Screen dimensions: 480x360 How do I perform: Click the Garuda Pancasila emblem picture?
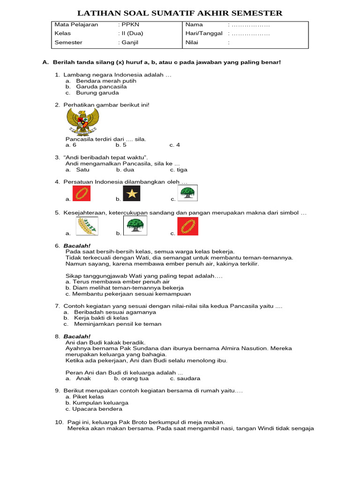click(x=82, y=121)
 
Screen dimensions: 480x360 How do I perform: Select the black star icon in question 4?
click(x=132, y=193)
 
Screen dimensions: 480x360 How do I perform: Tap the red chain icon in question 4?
click(x=82, y=193)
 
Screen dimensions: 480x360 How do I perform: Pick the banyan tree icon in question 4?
click(x=188, y=193)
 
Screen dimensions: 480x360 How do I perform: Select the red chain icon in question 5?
click(x=187, y=225)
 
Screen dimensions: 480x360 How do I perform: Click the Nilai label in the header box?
click(x=193, y=42)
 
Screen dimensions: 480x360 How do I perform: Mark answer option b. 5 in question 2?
click(x=121, y=145)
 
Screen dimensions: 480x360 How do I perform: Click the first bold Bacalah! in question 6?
click(x=77, y=246)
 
